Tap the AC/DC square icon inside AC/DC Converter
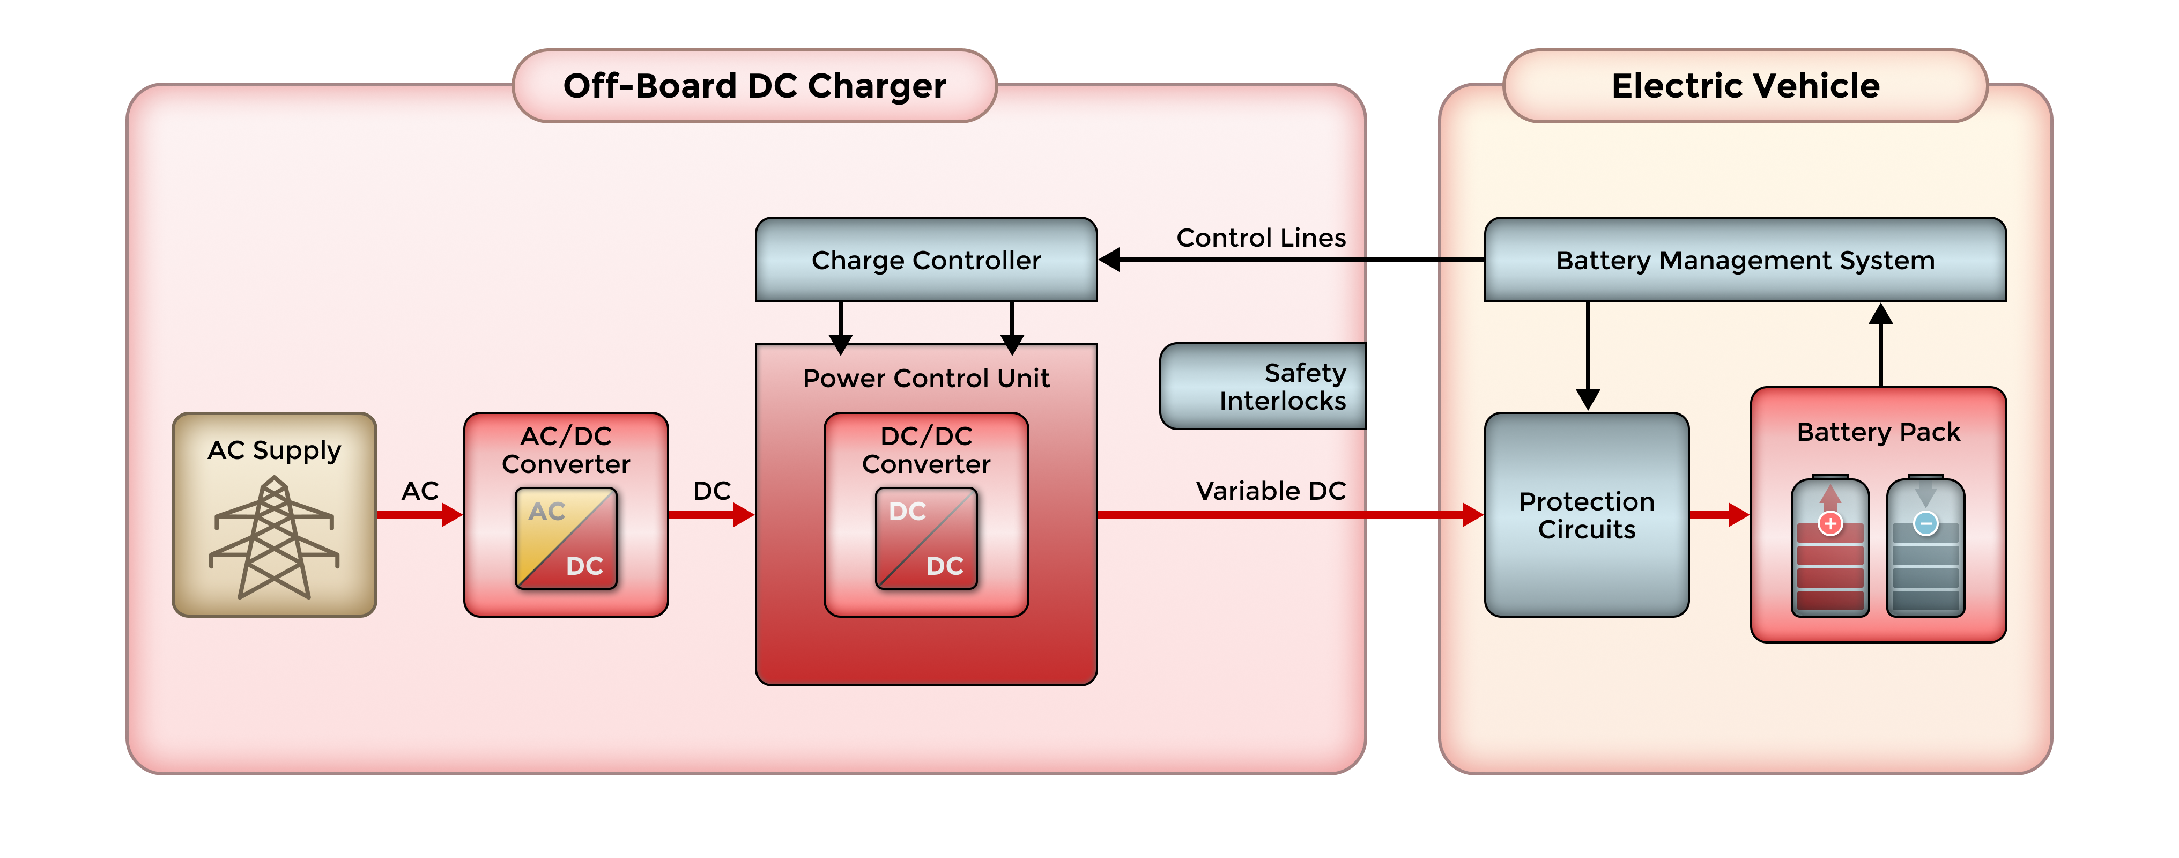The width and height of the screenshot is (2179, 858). (566, 538)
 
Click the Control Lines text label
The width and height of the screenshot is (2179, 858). (1261, 238)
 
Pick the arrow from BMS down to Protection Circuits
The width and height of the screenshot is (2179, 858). (1588, 356)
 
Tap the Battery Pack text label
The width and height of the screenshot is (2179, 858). (1878, 432)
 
